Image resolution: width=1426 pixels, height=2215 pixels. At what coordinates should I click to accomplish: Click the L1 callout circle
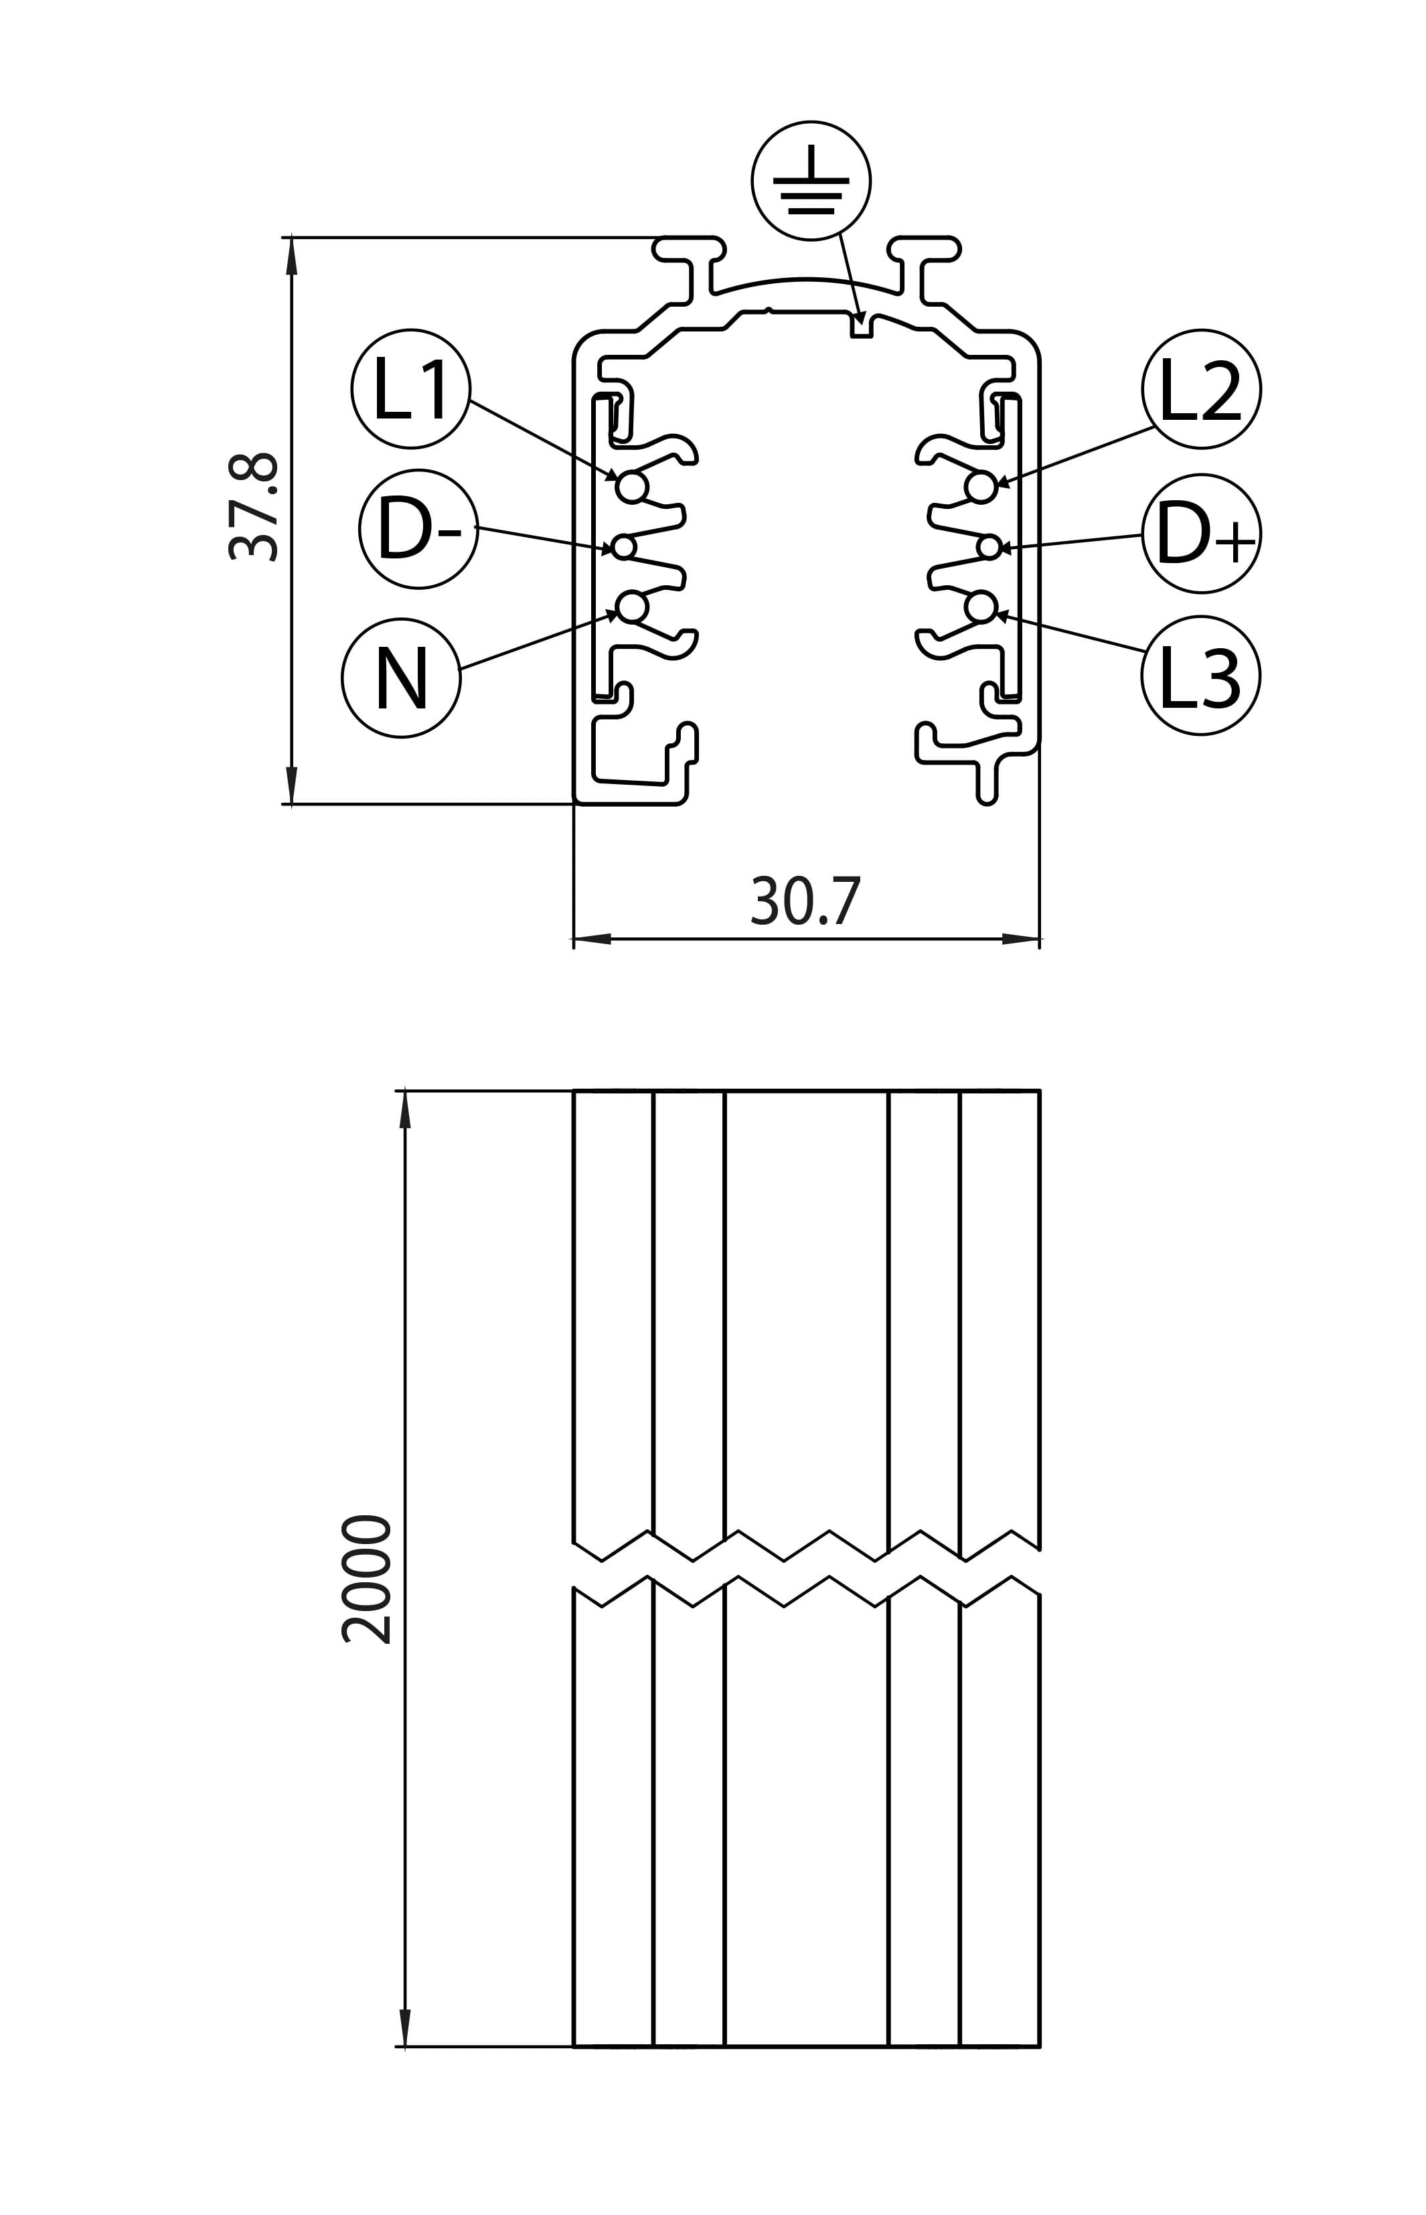click(411, 389)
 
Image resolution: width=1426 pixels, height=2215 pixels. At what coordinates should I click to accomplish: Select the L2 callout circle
click(1201, 389)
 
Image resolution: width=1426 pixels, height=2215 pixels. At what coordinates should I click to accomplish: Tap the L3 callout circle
click(1200, 675)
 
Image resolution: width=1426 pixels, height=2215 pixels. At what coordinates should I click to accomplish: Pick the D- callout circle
click(418, 529)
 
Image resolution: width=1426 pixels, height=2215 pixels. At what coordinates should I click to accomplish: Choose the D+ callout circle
click(1201, 534)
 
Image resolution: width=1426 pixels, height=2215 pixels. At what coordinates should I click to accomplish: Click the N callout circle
click(401, 678)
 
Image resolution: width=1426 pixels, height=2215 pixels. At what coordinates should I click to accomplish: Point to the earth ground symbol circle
click(811, 181)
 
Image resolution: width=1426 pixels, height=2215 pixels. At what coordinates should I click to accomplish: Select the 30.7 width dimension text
click(805, 901)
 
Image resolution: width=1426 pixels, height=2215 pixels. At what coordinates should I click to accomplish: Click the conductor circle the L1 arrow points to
click(631, 486)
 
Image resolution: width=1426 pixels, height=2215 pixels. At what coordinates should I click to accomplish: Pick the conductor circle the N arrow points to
click(631, 607)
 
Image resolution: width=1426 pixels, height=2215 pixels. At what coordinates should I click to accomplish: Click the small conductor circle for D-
click(624, 547)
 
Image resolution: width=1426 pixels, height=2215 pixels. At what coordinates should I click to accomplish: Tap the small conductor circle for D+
click(989, 547)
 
